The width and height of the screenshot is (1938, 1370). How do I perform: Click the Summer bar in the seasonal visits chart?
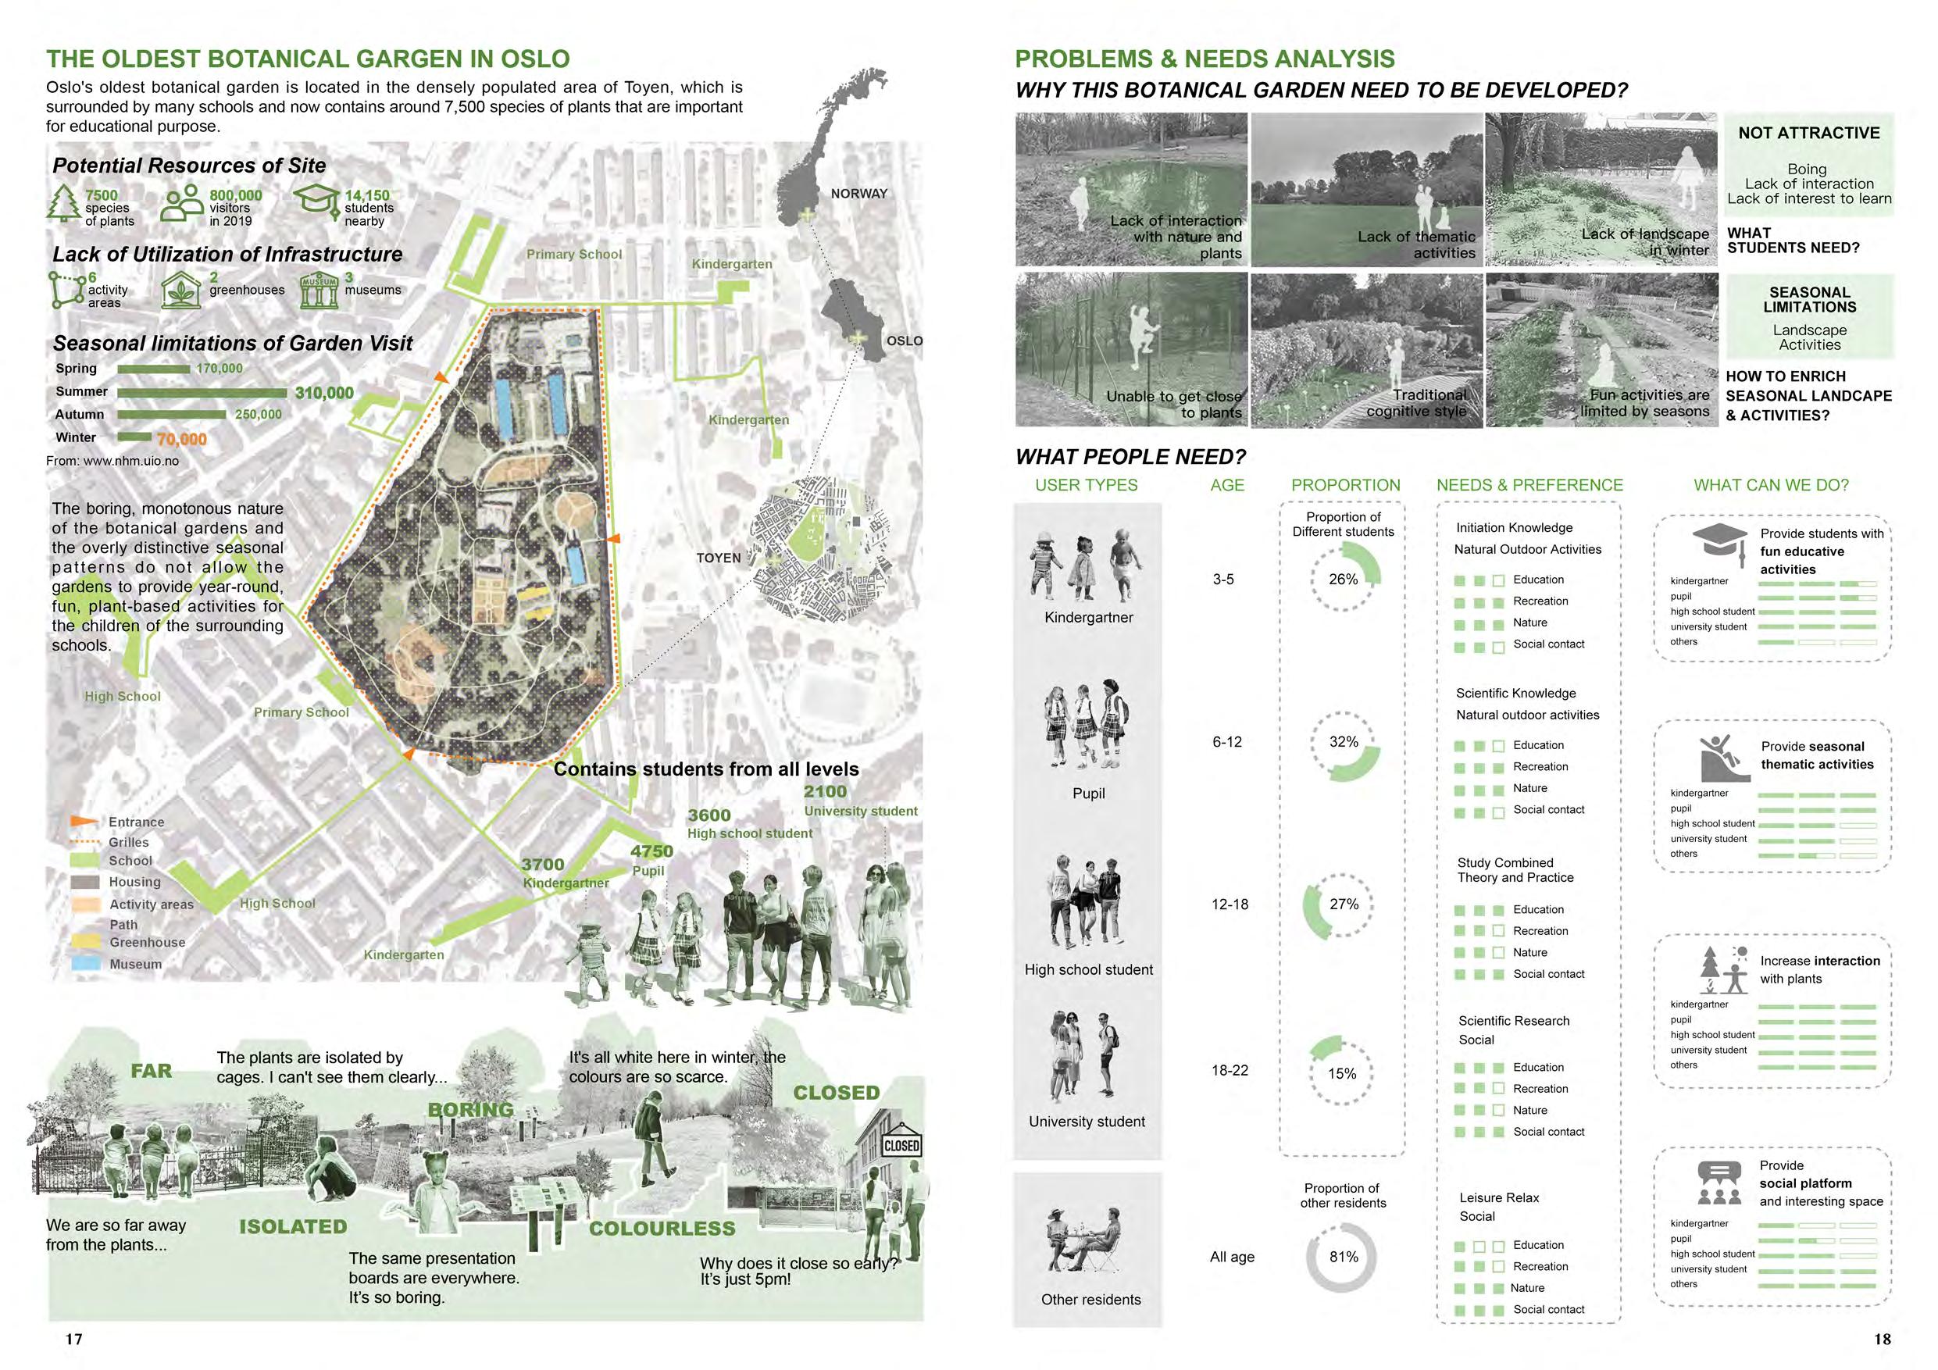click(202, 393)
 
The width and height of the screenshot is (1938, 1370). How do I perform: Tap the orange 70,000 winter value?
click(180, 439)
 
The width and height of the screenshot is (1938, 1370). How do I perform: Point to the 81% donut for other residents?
click(1342, 1257)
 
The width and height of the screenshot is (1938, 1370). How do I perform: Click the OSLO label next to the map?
click(904, 341)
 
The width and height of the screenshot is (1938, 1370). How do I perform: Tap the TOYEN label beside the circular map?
click(719, 558)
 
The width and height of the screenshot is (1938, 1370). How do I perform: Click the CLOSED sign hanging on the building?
click(901, 1146)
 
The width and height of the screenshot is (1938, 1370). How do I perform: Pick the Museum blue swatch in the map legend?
click(85, 964)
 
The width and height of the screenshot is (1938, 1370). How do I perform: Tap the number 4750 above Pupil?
click(651, 851)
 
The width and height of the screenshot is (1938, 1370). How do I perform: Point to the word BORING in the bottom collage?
click(470, 1110)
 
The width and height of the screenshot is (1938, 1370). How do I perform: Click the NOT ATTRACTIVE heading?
click(1808, 134)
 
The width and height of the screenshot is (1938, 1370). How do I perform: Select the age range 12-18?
click(1230, 904)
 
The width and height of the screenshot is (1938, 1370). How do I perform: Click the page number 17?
click(74, 1339)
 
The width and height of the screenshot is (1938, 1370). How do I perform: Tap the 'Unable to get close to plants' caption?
click(1173, 405)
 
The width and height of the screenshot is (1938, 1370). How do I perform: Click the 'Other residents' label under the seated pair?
click(1090, 1300)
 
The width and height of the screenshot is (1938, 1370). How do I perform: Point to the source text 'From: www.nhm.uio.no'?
click(112, 461)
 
